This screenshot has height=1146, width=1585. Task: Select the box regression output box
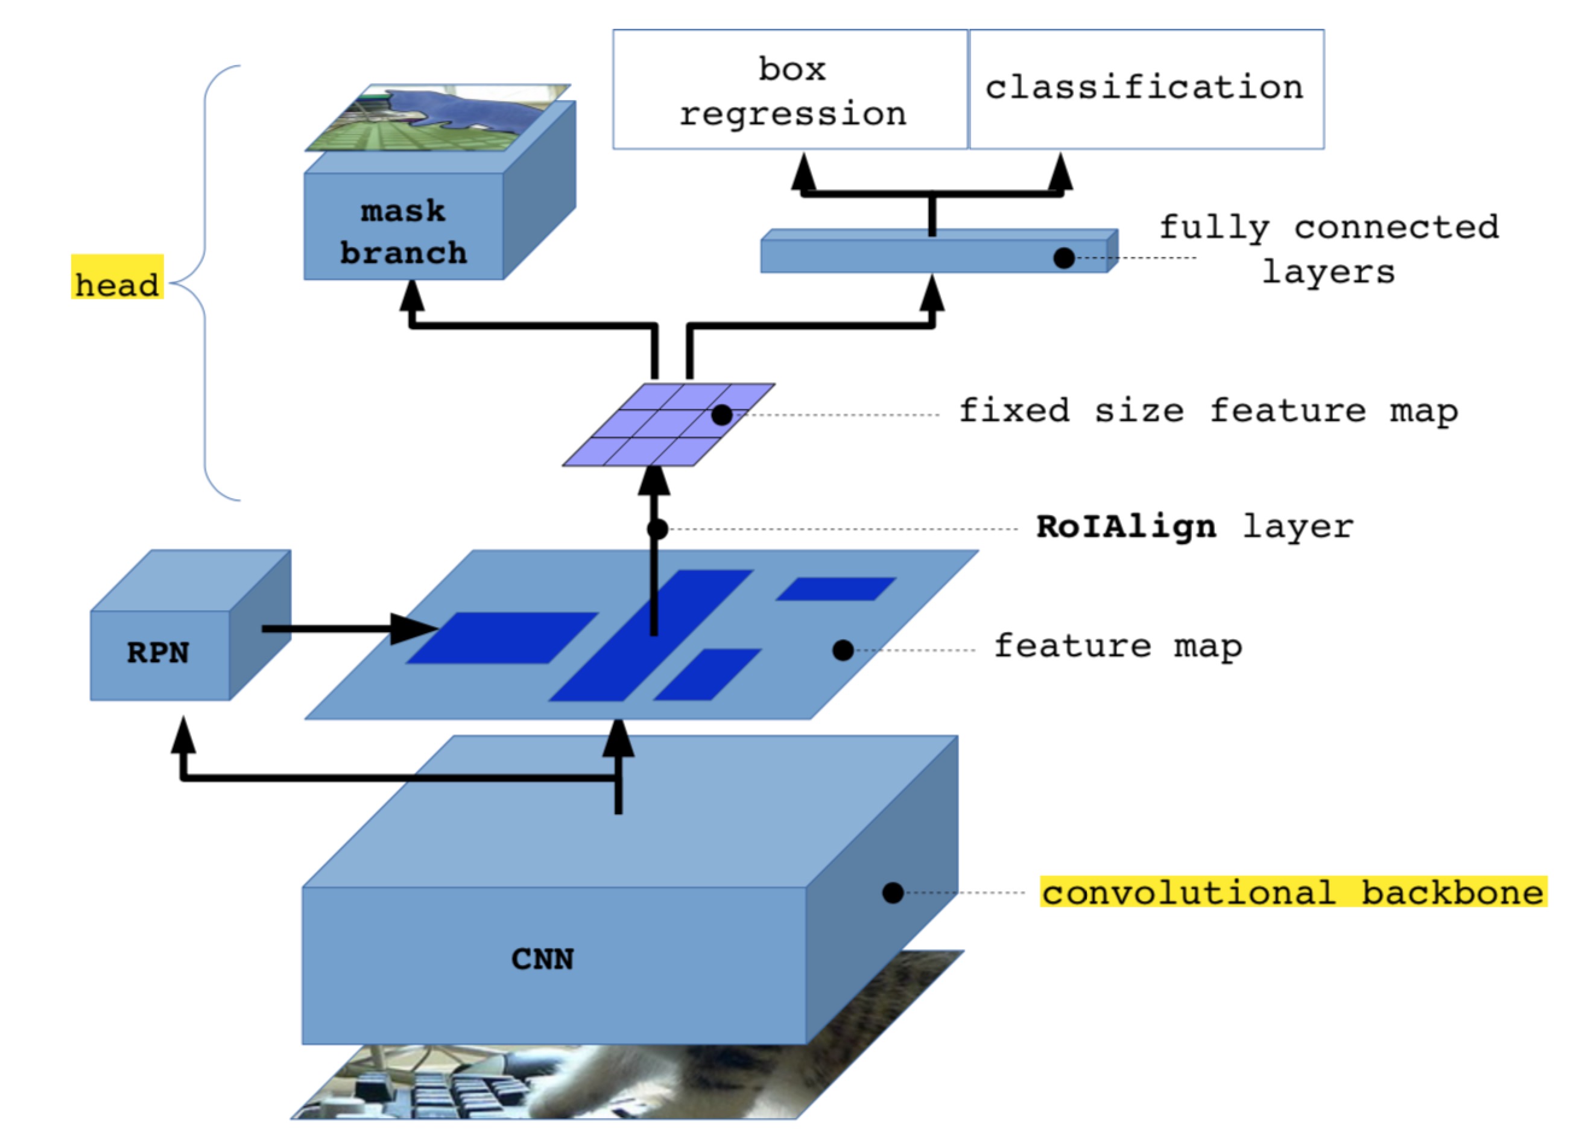[x=791, y=90]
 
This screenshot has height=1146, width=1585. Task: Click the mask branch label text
[x=403, y=232]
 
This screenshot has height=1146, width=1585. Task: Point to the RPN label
[x=158, y=653]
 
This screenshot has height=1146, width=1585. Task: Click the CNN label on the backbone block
[x=542, y=959]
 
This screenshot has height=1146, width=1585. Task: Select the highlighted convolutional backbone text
[x=1293, y=892]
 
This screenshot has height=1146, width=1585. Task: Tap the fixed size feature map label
[x=1208, y=411]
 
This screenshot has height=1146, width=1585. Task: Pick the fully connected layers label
[x=1329, y=250]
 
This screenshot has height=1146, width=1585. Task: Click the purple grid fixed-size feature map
[x=668, y=424]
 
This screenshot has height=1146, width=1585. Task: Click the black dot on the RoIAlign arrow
[x=657, y=529]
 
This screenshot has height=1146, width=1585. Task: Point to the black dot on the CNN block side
[x=893, y=892]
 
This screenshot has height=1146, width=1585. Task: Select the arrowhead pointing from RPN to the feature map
[x=416, y=629]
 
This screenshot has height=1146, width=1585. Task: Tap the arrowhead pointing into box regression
[x=804, y=172]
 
